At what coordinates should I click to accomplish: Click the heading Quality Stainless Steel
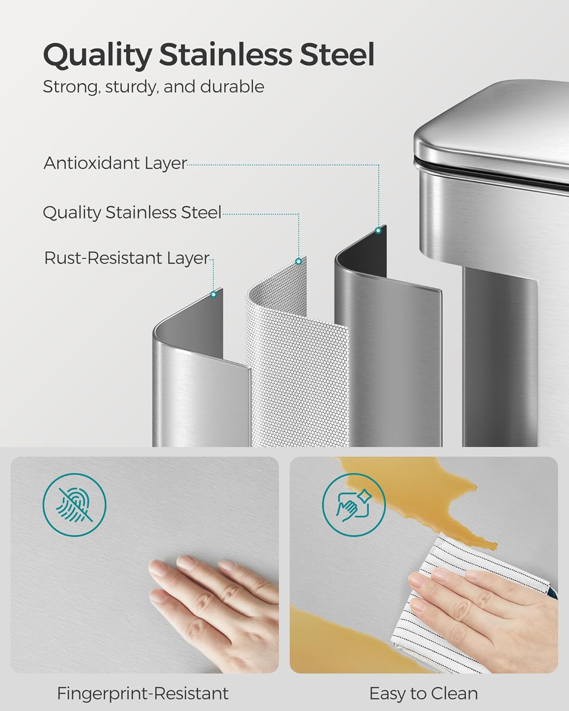(209, 55)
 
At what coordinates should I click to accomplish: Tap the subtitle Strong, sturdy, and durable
(153, 87)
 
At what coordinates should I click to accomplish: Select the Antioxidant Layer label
(115, 163)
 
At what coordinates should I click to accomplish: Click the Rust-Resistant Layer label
(127, 258)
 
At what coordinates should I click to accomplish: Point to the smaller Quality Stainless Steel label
(132, 212)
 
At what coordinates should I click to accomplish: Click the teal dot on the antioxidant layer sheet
(378, 231)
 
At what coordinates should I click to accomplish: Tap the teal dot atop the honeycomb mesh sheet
(298, 261)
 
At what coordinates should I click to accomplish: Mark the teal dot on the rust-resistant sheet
(213, 294)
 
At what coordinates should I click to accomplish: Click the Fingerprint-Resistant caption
(143, 694)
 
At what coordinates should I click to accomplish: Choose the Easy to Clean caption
(423, 694)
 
